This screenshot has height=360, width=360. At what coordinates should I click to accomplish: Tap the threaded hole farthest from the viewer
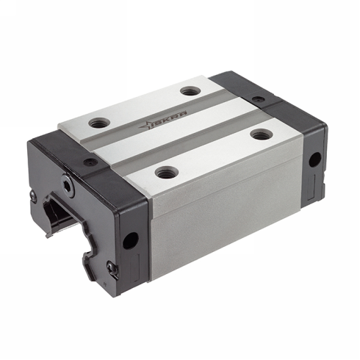coord(190,91)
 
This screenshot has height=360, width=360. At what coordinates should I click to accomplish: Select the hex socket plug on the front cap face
coord(68,187)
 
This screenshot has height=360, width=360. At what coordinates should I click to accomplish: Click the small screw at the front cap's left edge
coord(34,195)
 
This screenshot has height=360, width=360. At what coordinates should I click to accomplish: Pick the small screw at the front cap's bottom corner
coord(111,267)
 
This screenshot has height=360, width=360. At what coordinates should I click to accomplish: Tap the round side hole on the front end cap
coord(131,240)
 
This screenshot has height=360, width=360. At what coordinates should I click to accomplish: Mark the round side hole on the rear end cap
coord(314,159)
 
